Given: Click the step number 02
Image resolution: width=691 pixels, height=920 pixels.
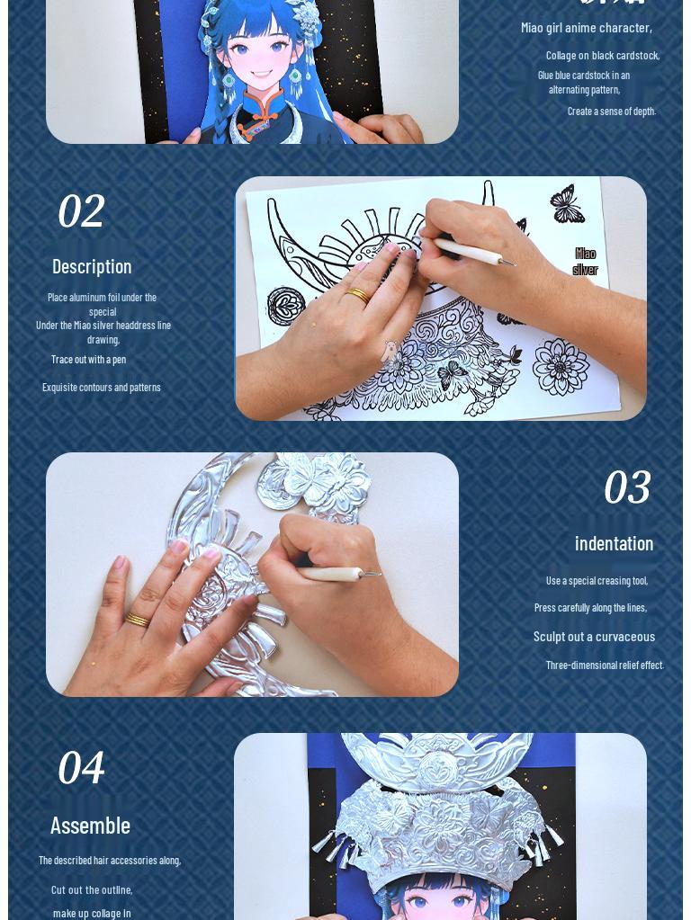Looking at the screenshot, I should tap(81, 212).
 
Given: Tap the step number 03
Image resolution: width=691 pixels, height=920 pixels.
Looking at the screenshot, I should tap(626, 488).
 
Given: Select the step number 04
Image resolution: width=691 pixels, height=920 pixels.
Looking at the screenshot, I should tap(81, 769).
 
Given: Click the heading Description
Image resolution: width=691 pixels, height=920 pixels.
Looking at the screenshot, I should tap(92, 266).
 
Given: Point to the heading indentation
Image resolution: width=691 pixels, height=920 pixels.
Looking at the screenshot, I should tap(614, 543).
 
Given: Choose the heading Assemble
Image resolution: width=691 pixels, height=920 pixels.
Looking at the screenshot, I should tap(90, 826).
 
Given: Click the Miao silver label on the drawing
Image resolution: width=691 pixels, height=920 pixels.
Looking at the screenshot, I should tap(585, 262).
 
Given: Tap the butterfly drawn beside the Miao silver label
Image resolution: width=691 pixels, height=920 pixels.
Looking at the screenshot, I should tap(567, 204).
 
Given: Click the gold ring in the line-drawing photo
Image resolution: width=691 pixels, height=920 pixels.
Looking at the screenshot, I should tap(357, 294).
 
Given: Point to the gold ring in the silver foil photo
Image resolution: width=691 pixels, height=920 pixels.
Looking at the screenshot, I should tap(137, 619).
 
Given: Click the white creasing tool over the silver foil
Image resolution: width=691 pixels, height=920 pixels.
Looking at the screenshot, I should tap(337, 573).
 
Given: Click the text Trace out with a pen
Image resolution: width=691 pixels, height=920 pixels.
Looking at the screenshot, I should tap(88, 360).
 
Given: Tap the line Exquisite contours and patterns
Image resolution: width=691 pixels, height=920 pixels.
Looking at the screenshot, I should tap(101, 388).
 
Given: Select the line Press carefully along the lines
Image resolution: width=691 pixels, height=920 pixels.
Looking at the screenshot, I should tap(590, 608).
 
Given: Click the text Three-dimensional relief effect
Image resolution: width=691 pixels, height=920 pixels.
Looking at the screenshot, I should tap(604, 665).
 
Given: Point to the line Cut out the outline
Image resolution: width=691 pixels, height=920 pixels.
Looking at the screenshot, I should tap(92, 889).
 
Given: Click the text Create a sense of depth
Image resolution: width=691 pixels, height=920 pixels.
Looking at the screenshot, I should tap(611, 112).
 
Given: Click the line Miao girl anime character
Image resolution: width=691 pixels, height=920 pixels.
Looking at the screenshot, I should tap(587, 28).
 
